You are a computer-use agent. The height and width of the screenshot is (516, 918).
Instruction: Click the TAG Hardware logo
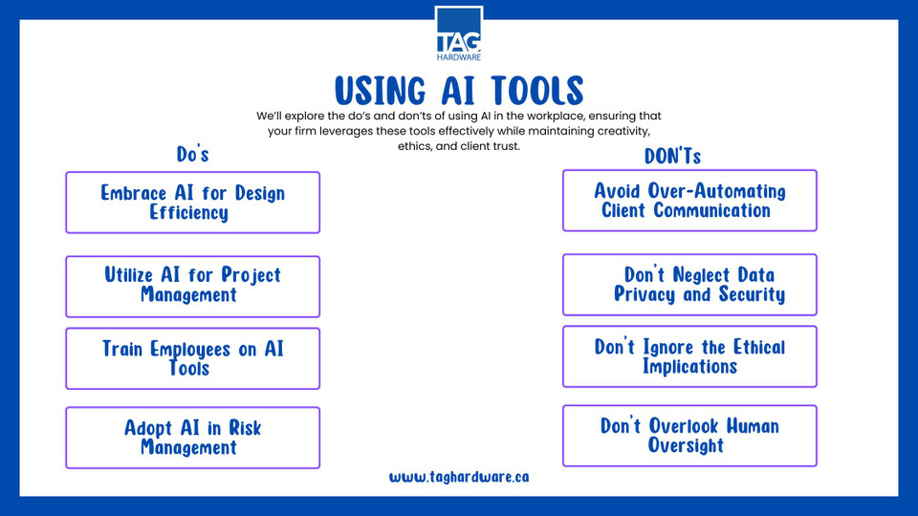tap(459, 34)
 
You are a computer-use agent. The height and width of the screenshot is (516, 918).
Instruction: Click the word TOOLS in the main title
tap(537, 91)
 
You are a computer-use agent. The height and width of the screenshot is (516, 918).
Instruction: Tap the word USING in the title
tap(381, 91)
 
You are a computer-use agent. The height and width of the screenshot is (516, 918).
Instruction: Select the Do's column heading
tap(192, 154)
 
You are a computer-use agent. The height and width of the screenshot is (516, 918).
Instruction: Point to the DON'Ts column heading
tap(672, 156)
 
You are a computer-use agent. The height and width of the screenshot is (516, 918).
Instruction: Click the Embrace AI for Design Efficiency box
tap(192, 203)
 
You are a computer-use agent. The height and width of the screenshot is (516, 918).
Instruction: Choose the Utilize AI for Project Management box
tap(192, 287)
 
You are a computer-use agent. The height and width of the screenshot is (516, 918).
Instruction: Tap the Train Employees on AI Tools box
tap(192, 358)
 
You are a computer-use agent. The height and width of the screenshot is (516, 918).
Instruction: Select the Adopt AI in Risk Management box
tap(192, 438)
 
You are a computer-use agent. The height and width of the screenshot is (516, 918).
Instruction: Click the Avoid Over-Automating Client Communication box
tap(689, 201)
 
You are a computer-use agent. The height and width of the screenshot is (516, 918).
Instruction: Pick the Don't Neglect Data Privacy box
tap(689, 285)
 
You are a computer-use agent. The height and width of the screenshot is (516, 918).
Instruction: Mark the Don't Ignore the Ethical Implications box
tap(689, 356)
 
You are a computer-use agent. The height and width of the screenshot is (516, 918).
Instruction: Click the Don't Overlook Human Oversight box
tap(689, 436)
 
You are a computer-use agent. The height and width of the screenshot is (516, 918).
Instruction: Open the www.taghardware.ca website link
tap(459, 477)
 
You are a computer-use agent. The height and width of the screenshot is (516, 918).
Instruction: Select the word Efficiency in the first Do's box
tap(188, 212)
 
